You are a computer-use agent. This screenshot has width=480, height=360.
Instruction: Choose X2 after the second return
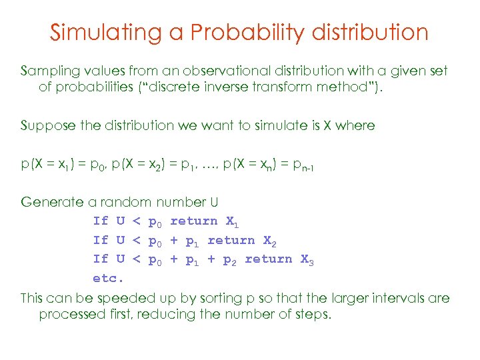coord(269,241)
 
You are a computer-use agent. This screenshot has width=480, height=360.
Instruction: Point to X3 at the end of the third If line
coord(307,259)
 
